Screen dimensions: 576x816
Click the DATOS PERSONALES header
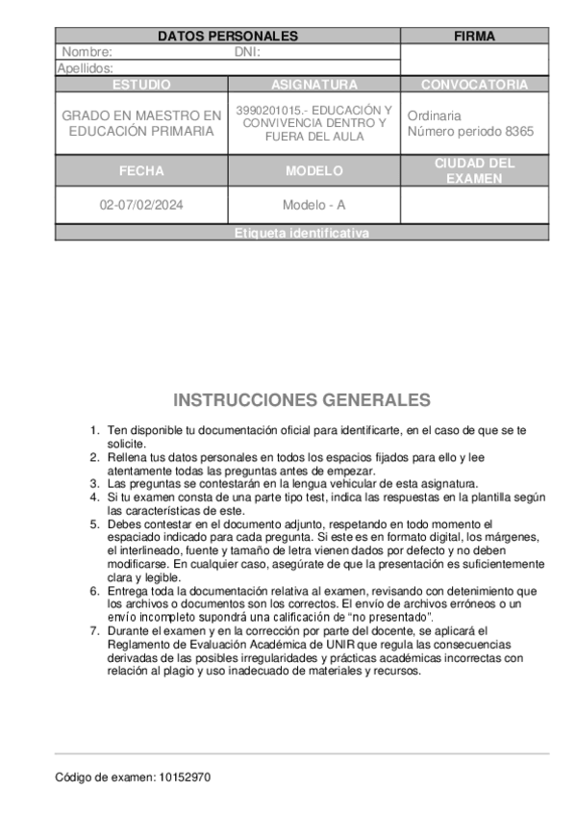click(228, 37)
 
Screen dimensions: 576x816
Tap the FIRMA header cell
click(474, 37)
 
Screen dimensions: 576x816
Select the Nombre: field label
click(87, 52)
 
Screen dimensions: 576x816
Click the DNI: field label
click(248, 52)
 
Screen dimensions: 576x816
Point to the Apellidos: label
click(86, 68)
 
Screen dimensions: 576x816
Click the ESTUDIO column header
click(141, 85)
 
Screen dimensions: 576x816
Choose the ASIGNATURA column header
click(314, 85)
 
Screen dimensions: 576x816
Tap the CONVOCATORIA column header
click(474, 85)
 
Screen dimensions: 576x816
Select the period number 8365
click(519, 131)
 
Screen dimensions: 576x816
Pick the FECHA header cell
click(141, 171)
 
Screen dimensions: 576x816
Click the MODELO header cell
click(314, 171)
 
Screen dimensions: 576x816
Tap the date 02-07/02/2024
click(141, 205)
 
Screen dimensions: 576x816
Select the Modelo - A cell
click(314, 205)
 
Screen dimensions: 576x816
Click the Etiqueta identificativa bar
click(302, 234)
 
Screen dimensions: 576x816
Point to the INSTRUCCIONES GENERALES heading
click(302, 400)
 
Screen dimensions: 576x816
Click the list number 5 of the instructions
click(94, 524)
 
